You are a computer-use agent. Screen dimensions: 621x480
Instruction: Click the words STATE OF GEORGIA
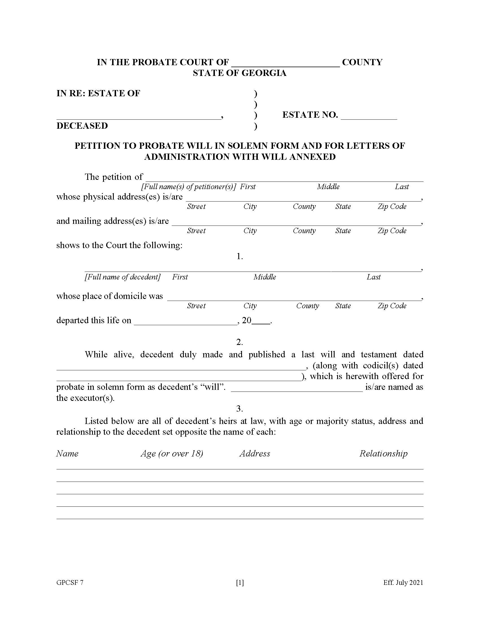239,73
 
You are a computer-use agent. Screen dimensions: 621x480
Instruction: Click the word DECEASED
82,126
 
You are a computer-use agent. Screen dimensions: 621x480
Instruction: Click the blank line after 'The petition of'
284,178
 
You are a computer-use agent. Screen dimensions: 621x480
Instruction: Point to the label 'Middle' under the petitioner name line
328,187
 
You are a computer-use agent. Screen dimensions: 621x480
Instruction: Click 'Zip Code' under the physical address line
392,206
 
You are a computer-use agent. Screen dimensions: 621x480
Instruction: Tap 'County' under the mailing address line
304,231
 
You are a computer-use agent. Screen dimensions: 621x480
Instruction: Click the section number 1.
239,256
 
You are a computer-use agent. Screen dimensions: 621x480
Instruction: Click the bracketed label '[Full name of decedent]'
123,277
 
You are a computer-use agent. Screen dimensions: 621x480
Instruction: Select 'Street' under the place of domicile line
196,306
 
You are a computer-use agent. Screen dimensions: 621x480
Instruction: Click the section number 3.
239,409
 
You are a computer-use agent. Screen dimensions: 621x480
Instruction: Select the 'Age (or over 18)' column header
172,453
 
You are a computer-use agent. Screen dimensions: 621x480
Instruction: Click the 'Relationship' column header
383,453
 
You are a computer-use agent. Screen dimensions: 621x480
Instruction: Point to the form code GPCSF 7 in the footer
70,583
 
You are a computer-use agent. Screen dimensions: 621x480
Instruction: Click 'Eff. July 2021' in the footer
403,583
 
